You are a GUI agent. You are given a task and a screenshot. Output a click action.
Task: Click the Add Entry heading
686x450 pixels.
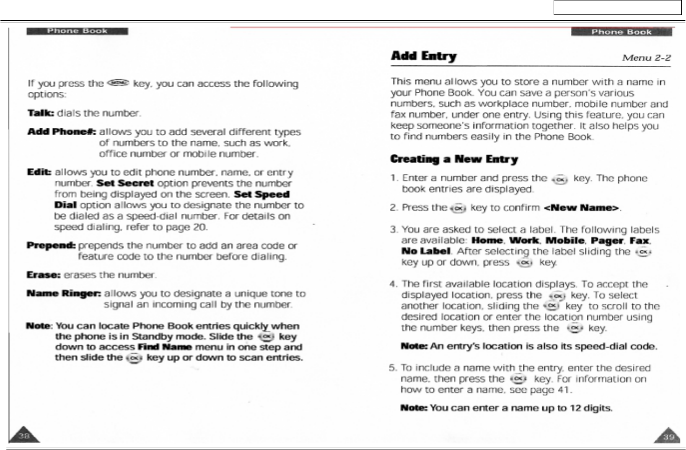(x=424, y=56)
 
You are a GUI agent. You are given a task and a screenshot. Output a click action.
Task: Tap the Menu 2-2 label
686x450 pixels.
(x=646, y=58)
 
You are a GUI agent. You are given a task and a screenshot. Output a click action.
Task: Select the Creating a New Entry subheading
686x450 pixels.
(x=454, y=159)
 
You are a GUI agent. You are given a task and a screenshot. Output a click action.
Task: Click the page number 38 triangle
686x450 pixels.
(x=24, y=436)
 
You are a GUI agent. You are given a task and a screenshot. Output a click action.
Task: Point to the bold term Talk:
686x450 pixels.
(x=41, y=113)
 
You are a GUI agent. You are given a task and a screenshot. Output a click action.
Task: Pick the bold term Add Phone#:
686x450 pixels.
(x=62, y=132)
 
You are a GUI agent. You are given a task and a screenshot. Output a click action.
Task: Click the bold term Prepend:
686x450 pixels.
(x=51, y=245)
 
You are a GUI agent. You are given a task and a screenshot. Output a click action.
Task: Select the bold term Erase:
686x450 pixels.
(x=43, y=275)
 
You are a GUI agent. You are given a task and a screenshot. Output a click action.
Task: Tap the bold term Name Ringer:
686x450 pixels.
(x=63, y=294)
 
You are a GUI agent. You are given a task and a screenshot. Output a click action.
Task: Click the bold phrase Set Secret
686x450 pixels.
(x=125, y=183)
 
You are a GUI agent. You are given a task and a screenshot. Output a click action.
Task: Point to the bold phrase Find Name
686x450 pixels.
(x=165, y=347)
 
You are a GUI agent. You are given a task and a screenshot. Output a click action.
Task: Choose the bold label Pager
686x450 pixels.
(x=607, y=241)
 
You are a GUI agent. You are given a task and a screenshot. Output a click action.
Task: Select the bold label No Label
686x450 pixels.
(x=426, y=251)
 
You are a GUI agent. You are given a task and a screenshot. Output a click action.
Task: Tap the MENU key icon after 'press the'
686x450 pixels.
(x=118, y=83)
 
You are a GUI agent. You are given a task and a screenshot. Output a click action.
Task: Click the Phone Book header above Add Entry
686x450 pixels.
(x=621, y=32)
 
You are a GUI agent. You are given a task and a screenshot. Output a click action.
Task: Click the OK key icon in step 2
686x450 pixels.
(x=459, y=208)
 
